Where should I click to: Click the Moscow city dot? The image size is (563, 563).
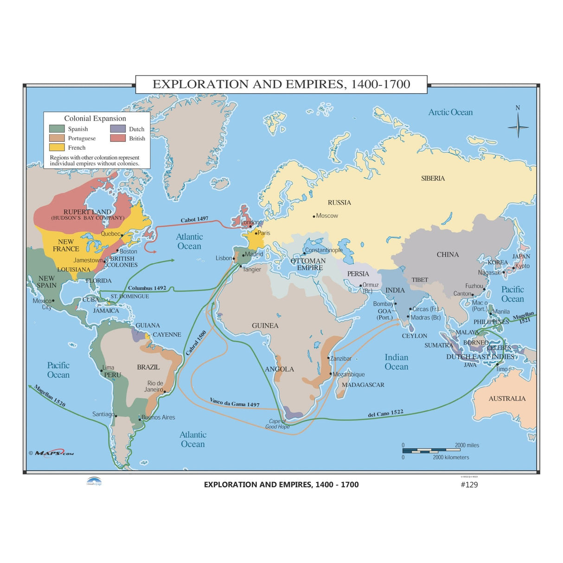click(x=314, y=216)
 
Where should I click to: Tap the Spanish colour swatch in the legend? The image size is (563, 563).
click(x=57, y=129)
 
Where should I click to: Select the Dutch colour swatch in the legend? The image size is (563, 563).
click(x=118, y=129)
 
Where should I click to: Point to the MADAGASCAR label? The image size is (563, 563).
click(x=363, y=385)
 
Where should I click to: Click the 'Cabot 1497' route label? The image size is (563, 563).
click(x=194, y=219)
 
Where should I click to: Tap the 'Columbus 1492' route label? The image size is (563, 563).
click(x=147, y=288)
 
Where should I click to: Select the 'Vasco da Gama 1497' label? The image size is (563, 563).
click(x=234, y=402)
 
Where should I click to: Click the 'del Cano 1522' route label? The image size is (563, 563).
click(x=385, y=413)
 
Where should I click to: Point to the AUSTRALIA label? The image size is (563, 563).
click(x=507, y=398)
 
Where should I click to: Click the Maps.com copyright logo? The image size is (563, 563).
click(x=51, y=453)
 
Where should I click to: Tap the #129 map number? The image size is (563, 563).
click(x=469, y=485)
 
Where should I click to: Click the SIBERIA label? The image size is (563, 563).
click(x=433, y=179)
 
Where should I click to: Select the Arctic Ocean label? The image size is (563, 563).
click(x=450, y=112)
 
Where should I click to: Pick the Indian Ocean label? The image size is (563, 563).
click(x=396, y=362)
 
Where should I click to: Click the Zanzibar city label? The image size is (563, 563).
click(x=341, y=358)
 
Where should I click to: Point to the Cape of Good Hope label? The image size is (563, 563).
click(x=277, y=424)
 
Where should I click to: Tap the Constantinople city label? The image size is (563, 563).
click(x=324, y=250)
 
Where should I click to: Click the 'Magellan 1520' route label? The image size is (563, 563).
click(x=50, y=396)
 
